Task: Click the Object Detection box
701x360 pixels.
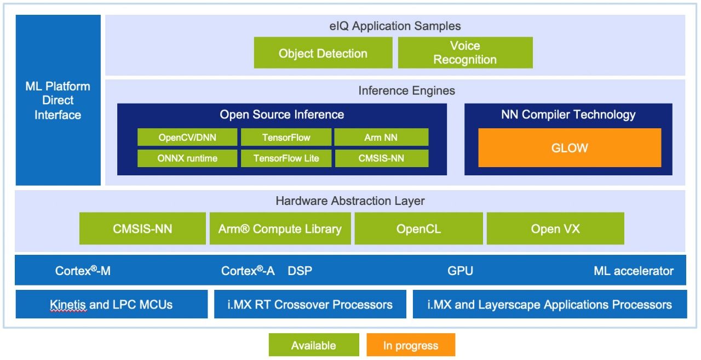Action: pos(323,53)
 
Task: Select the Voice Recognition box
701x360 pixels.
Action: pos(465,53)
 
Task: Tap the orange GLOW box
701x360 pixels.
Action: pos(570,147)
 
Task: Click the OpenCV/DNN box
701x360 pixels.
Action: pos(187,137)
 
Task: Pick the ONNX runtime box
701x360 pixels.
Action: pos(187,158)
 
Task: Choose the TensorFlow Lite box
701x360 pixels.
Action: pos(286,158)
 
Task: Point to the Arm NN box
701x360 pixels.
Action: pos(381,137)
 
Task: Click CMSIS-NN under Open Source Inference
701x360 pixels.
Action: pos(382,158)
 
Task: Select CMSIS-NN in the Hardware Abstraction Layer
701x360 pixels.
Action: pos(142,228)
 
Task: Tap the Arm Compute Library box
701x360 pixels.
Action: pos(280,228)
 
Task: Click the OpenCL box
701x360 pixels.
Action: pos(419,228)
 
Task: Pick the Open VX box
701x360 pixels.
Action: pos(555,228)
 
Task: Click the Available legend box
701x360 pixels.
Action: pos(314,345)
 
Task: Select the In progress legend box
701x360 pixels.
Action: pos(411,345)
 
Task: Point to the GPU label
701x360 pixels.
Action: pos(460,271)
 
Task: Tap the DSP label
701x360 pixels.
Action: pos(300,271)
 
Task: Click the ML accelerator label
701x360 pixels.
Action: pos(634,271)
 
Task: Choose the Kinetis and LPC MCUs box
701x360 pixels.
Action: pos(111,304)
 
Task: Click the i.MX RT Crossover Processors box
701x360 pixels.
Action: pos(310,304)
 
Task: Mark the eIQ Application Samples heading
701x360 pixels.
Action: pos(395,26)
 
